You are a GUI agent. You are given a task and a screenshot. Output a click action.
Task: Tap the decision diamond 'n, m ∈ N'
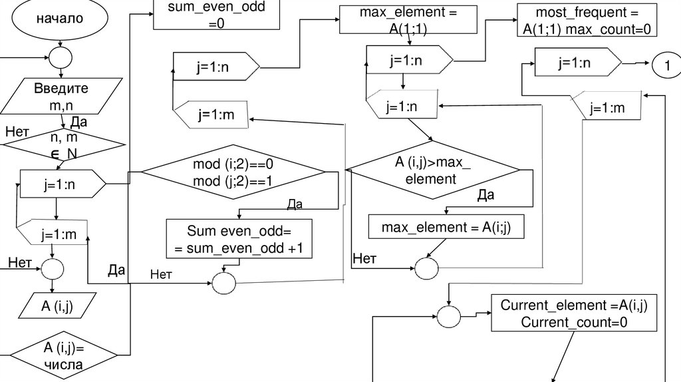pos(64,144)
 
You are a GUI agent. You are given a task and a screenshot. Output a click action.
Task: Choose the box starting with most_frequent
pos(585,20)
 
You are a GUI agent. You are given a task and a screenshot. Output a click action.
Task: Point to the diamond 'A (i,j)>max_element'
pos(434,170)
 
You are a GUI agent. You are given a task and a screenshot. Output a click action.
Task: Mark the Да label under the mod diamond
pos(295,205)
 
